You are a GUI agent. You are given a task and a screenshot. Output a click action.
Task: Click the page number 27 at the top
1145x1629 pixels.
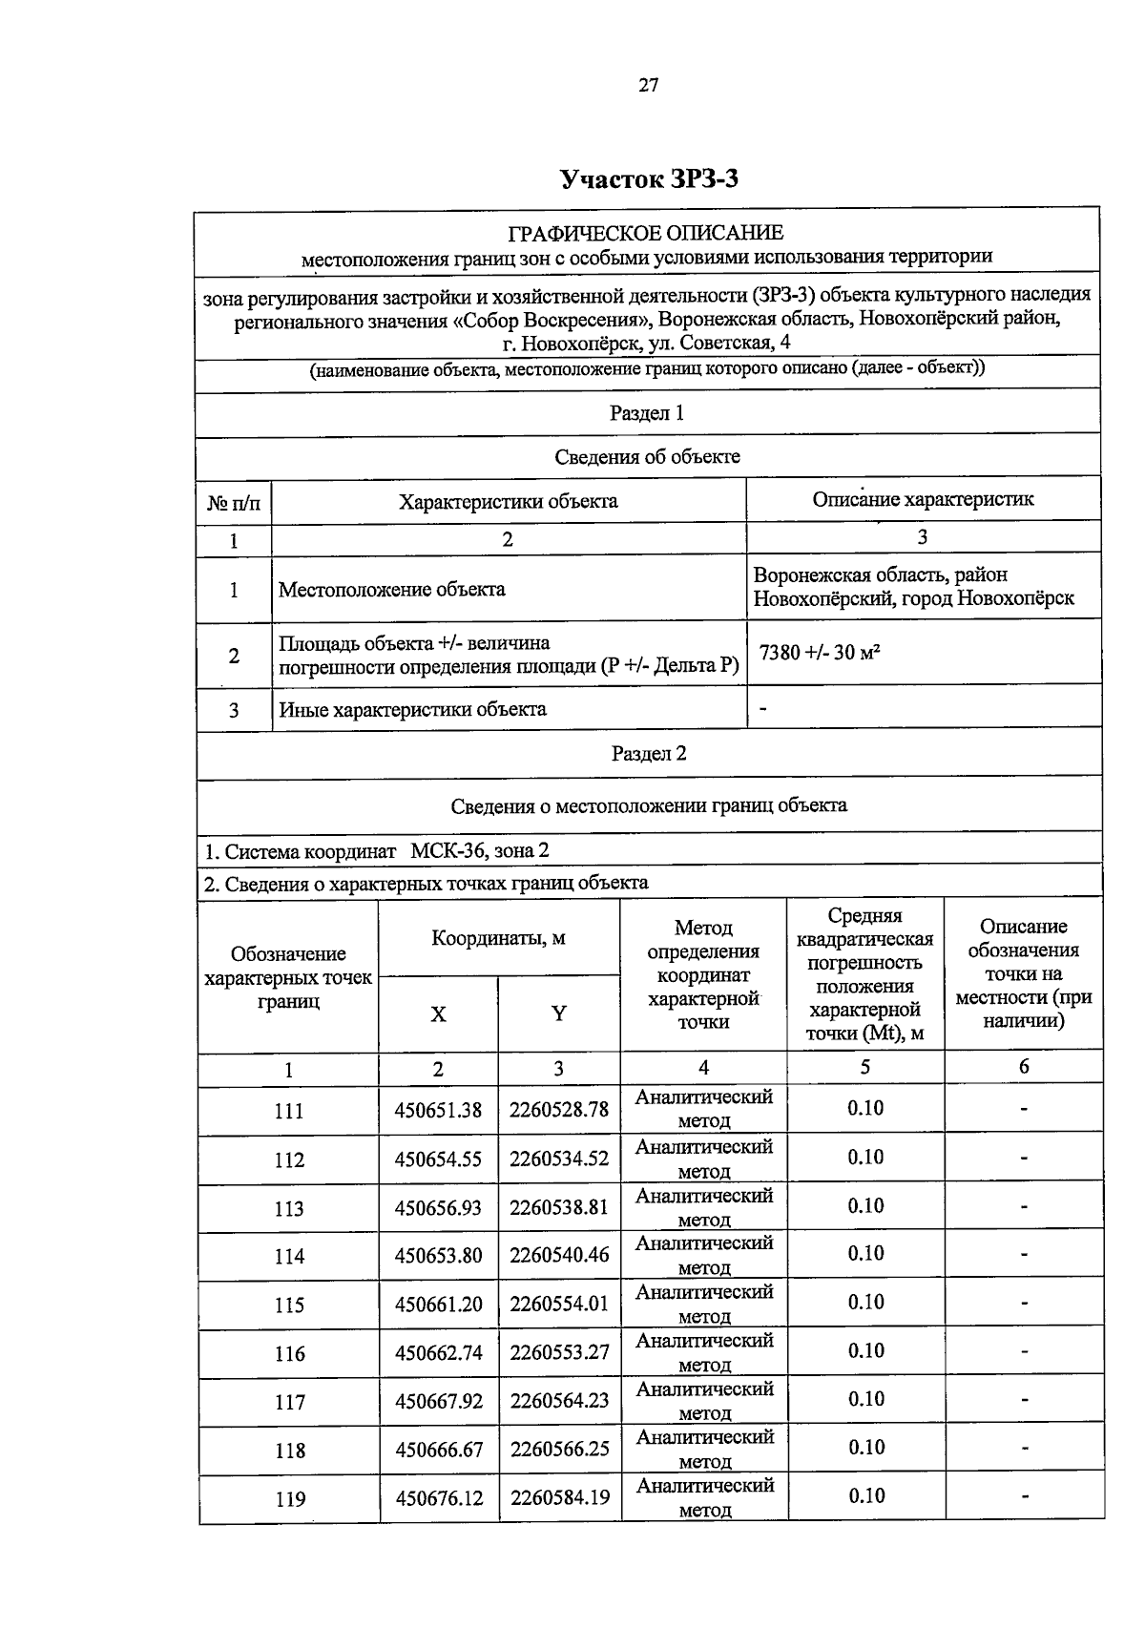[x=648, y=85]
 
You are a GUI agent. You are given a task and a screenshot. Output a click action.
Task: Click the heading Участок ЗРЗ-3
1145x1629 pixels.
[x=649, y=179]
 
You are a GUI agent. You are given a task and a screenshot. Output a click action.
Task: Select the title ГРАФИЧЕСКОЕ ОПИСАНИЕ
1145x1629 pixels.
[x=646, y=233]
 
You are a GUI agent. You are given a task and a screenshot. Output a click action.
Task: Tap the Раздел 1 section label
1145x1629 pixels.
[x=647, y=413]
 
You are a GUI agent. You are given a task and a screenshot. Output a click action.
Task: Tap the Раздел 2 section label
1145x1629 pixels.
[x=649, y=753]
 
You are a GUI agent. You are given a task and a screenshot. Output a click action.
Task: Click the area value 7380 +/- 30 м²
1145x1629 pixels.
[x=819, y=654]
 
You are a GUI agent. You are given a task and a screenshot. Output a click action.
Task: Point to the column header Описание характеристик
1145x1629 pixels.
[x=922, y=499]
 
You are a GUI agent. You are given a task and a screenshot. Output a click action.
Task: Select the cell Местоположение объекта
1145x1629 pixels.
[x=391, y=589]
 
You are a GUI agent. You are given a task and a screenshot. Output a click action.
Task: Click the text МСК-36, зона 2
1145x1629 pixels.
[x=479, y=850]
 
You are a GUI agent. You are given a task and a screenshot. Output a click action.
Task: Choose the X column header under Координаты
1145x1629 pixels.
[x=438, y=1014]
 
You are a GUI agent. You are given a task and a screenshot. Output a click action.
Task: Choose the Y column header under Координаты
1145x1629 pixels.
[x=559, y=1013]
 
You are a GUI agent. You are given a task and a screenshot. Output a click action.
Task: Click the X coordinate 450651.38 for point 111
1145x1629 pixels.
[x=438, y=1110]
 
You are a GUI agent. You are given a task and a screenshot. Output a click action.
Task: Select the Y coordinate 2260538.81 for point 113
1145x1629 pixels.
[x=559, y=1207]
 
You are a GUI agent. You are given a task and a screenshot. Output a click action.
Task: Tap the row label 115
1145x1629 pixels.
[x=289, y=1305]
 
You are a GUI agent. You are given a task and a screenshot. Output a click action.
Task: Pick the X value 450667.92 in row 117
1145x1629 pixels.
[x=438, y=1401]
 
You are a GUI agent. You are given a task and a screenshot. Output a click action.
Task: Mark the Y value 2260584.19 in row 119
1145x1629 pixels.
[x=559, y=1497]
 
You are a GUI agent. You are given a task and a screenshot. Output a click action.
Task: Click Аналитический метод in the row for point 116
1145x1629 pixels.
[x=704, y=1351]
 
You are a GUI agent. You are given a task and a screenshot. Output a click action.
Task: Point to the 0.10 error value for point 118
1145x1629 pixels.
[x=865, y=1447]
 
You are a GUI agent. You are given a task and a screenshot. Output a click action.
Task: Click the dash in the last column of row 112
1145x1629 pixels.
[x=1024, y=1158]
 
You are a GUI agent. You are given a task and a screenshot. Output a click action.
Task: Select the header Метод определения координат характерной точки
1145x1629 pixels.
[x=703, y=974]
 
